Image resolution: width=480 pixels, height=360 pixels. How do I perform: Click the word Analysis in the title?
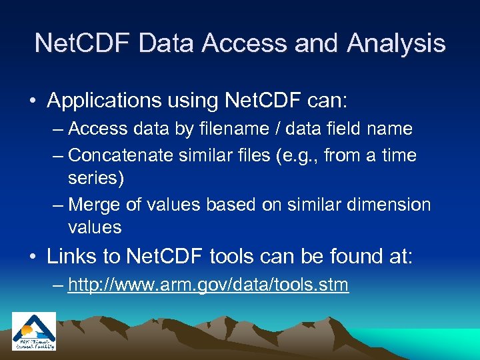click(396, 43)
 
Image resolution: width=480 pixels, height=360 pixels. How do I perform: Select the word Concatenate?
click(122, 155)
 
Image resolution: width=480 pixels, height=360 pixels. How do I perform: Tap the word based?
click(230, 205)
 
